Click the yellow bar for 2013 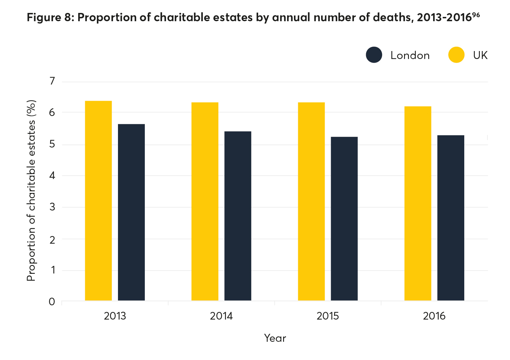point(98,201)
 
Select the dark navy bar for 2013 point(131,212)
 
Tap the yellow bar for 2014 point(205,201)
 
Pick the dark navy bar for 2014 point(238,216)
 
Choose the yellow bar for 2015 point(311,201)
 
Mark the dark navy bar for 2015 point(344,218)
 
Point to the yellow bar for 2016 point(418,203)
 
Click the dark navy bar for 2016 point(451,218)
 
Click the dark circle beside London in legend point(374,55)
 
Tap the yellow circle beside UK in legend point(456,55)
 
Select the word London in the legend point(410,55)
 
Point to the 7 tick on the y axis point(52,81)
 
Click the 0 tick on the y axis point(52,302)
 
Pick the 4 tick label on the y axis point(52,175)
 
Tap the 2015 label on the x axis point(328,316)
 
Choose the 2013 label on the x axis point(115,316)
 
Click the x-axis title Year point(275,338)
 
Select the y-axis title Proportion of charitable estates point(31,191)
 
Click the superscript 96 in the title point(476,15)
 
